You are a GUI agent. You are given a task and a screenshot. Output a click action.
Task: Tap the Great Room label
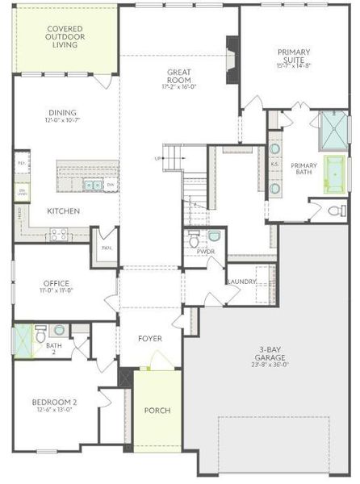[178, 76]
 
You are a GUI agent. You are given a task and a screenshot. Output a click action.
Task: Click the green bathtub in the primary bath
[333, 175]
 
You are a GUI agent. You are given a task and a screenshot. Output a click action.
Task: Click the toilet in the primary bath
[338, 211]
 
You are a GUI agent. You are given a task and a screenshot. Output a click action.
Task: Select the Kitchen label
[63, 211]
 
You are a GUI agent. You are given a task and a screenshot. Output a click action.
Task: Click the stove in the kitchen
[60, 235]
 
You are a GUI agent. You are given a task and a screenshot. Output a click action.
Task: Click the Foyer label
[151, 339]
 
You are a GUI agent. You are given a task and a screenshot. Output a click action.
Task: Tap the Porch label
[157, 411]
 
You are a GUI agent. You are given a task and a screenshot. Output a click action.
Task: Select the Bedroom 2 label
[54, 405]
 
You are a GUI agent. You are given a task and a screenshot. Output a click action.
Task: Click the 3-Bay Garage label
[270, 359]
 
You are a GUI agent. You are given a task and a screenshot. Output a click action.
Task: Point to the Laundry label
[242, 282]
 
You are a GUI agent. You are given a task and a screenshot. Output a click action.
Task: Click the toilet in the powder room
[194, 240]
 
